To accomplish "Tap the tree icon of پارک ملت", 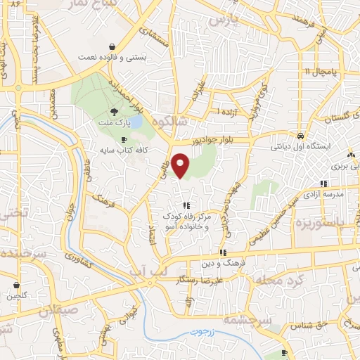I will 114,111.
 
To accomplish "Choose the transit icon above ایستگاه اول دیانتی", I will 300,136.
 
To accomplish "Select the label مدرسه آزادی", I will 323,193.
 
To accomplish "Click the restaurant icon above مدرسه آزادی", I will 323,183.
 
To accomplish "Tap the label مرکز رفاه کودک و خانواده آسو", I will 186,221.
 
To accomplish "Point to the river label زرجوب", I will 205,331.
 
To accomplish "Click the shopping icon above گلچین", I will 18,285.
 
